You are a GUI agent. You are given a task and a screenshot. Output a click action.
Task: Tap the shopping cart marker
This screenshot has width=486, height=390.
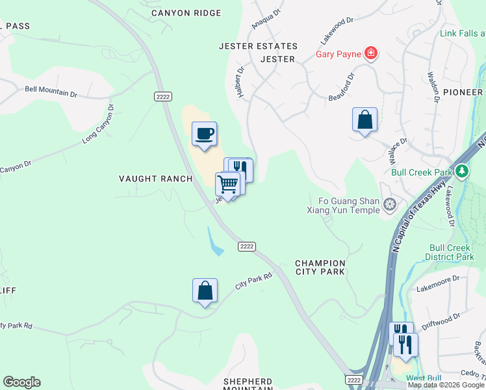[x=228, y=184]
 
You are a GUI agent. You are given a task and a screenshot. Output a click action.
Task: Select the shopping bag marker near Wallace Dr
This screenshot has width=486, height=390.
[x=364, y=120]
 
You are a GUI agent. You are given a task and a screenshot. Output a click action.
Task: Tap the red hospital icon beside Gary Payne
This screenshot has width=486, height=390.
[x=370, y=53]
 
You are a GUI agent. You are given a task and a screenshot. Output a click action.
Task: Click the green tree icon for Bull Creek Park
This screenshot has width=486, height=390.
[x=462, y=172]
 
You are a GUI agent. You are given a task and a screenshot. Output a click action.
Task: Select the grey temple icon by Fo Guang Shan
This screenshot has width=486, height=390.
[x=389, y=205]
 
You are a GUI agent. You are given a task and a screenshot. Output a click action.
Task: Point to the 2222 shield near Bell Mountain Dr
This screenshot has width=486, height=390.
[x=162, y=96]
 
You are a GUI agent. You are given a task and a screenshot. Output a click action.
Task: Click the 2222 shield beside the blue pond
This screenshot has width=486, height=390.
[x=246, y=246]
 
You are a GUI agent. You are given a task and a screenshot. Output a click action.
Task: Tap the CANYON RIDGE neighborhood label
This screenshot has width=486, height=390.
[x=186, y=13]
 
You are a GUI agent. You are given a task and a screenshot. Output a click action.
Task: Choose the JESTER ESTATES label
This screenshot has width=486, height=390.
[x=258, y=46]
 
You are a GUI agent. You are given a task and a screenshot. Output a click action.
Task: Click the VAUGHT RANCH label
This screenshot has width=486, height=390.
[x=155, y=179]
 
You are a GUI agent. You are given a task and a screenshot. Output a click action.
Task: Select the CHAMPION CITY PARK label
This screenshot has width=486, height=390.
[x=320, y=267]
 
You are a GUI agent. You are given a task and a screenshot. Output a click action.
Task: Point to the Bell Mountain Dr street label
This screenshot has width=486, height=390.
[x=51, y=92]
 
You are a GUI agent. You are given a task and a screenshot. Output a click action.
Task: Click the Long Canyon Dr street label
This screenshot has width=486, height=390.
[x=98, y=123]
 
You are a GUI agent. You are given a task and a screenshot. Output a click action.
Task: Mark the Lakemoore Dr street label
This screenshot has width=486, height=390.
[x=438, y=281]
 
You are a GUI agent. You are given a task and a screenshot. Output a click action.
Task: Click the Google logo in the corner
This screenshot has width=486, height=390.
[x=21, y=382]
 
